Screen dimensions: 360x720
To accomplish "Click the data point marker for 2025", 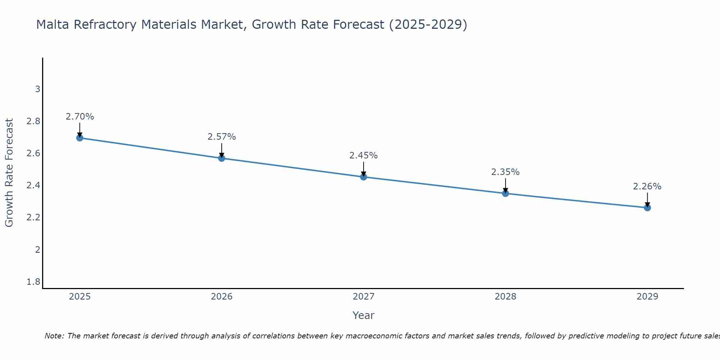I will click(80, 138).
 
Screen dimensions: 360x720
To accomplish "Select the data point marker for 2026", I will click(222, 158).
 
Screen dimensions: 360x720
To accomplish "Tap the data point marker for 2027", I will click(364, 177).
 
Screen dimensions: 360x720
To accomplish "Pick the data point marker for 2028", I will click(505, 193).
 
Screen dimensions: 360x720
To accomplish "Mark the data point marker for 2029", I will click(647, 208).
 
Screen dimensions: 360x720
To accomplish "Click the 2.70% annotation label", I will click(80, 117).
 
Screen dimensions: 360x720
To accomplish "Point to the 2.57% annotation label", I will click(222, 137).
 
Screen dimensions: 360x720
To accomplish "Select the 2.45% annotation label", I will click(364, 156).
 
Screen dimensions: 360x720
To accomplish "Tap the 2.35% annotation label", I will click(505, 172).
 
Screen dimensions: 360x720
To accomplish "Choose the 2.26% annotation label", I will click(647, 186).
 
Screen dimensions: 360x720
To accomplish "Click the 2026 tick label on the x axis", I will click(222, 297).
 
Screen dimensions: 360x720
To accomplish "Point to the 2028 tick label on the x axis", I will click(505, 297).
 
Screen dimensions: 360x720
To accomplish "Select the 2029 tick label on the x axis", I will click(647, 297).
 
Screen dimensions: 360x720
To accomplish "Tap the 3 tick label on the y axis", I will click(37, 89).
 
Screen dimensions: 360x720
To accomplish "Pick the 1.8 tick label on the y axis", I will click(33, 282).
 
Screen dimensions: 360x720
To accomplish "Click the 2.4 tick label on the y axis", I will click(33, 185).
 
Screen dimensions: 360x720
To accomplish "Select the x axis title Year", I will click(364, 315).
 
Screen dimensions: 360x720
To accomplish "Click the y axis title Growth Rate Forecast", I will click(9, 173).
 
